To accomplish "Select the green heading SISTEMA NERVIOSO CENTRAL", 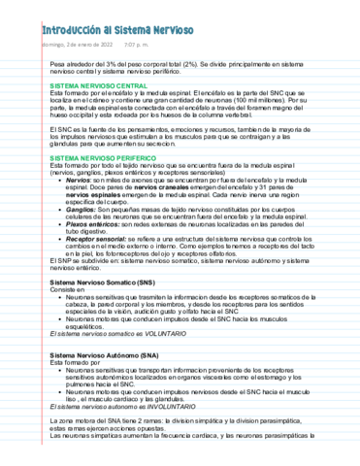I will coord(103,86).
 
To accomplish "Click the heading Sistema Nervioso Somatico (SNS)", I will coord(101,281).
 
